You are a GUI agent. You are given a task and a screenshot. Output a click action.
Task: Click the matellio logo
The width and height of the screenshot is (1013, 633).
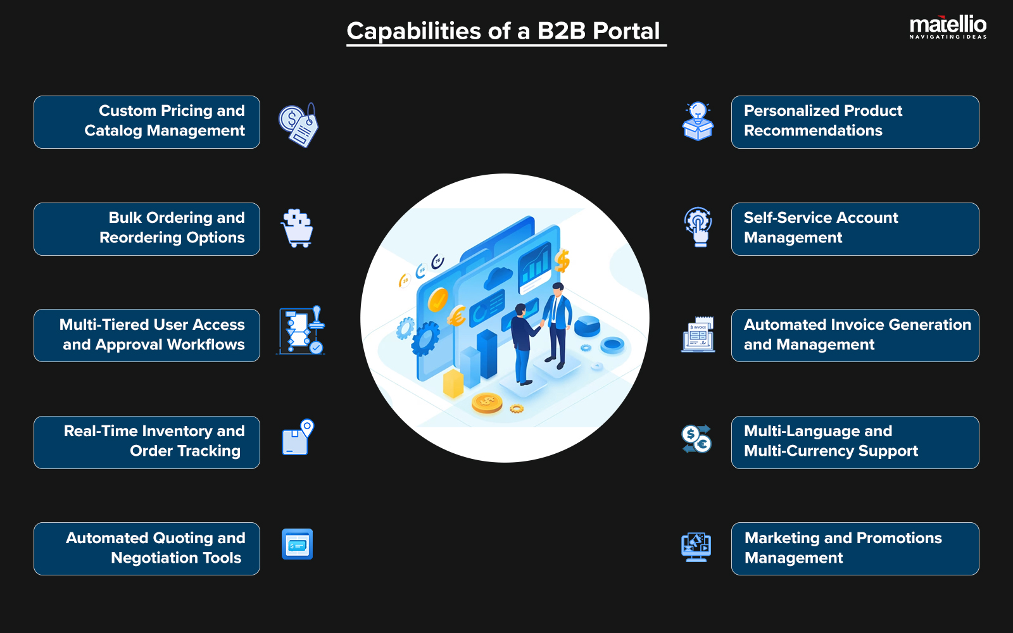pyautogui.click(x=948, y=27)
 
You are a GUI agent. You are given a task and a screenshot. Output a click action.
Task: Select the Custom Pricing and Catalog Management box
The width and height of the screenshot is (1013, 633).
pyautogui.click(x=147, y=122)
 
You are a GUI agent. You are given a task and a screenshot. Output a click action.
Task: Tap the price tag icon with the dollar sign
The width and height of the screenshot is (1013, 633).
pyautogui.click(x=298, y=125)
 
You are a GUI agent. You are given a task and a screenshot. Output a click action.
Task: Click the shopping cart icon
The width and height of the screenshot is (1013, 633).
pyautogui.click(x=298, y=229)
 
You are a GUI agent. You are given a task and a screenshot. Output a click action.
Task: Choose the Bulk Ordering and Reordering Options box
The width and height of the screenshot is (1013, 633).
pyautogui.click(x=147, y=229)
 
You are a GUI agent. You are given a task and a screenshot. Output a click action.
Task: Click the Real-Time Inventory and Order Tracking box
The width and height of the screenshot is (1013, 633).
pyautogui.click(x=147, y=442)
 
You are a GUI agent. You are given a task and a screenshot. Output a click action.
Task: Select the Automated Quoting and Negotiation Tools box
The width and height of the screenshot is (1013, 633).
pyautogui.click(x=147, y=549)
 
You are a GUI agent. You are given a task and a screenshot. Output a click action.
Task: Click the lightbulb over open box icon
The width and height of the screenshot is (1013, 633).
pyautogui.click(x=698, y=122)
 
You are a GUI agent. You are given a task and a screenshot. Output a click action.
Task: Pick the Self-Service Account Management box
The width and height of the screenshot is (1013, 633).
pyautogui.click(x=855, y=229)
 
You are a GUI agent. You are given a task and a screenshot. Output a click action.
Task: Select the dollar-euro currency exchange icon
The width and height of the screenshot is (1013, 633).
pyautogui.click(x=696, y=439)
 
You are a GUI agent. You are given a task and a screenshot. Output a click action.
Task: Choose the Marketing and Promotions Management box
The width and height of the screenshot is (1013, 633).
pyautogui.click(x=855, y=549)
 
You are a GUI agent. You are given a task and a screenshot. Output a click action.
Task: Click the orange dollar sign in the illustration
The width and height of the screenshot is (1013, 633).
pyautogui.click(x=562, y=260)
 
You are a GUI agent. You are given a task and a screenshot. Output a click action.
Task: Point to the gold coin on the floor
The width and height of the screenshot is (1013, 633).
pyautogui.click(x=487, y=403)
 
